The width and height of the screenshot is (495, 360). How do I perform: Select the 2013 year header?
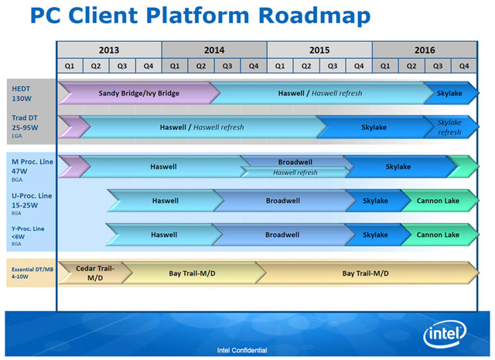coord(110,50)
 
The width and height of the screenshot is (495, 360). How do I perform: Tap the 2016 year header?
coord(424,50)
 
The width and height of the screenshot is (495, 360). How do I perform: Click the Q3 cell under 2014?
coord(227,67)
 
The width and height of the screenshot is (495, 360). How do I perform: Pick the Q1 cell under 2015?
coord(280,67)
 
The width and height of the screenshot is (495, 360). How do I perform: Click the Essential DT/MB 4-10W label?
coord(29,273)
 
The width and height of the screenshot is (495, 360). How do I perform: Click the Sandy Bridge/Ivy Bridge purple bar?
coord(139,94)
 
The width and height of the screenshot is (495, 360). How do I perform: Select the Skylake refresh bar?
coord(449,127)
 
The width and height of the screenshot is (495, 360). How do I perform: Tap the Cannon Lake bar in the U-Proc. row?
coord(438,201)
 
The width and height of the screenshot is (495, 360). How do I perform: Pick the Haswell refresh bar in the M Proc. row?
coord(295,173)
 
